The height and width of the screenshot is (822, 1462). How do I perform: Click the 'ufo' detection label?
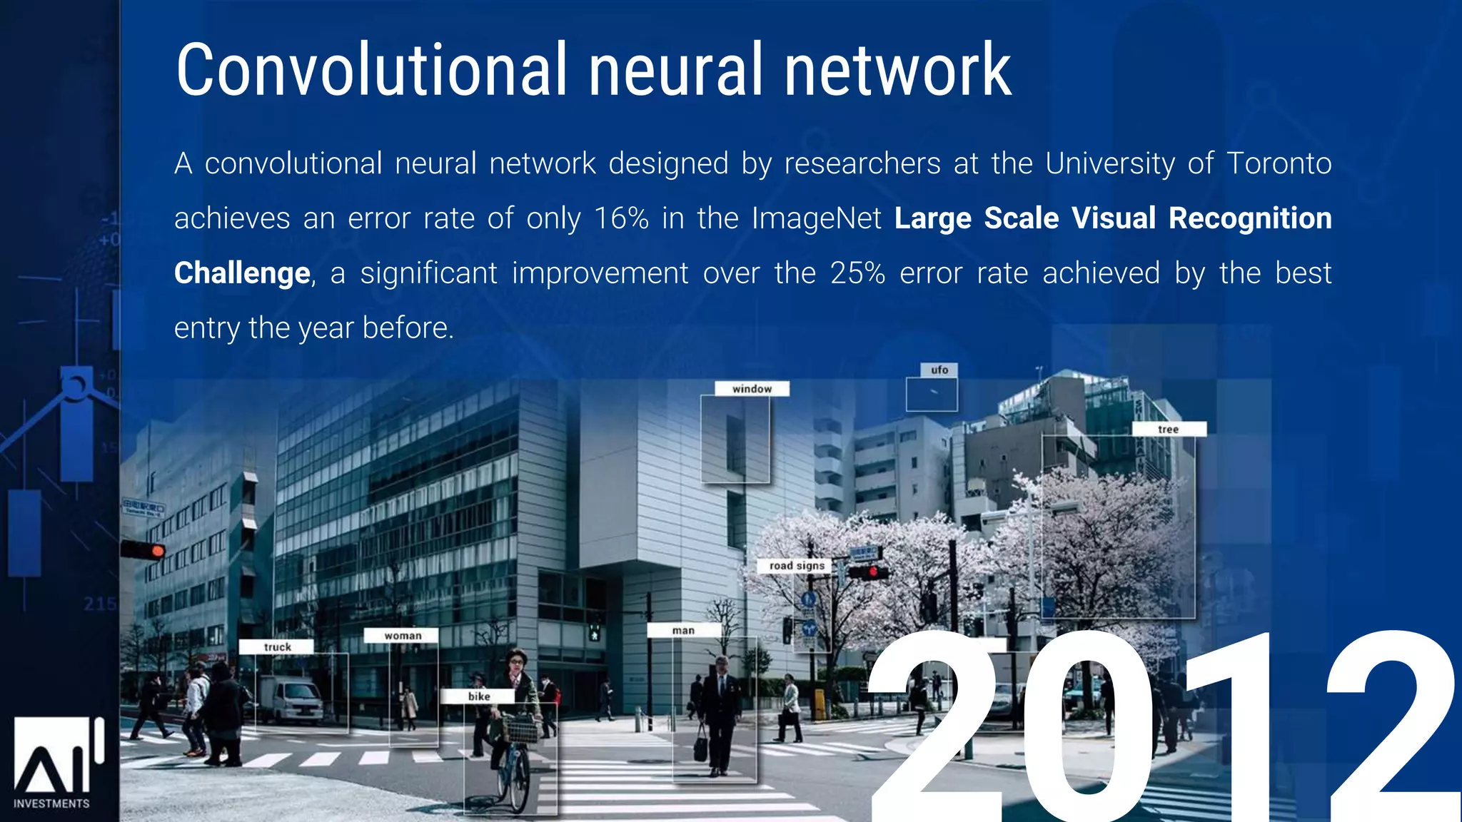tap(939, 370)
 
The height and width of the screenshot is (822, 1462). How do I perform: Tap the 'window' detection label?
tap(752, 389)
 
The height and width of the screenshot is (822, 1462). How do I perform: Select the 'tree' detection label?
tap(1169, 430)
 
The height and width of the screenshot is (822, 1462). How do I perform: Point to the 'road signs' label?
tap(797, 566)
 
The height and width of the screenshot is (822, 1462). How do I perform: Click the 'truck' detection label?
tap(277, 647)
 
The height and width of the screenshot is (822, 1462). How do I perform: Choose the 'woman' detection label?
tap(403, 636)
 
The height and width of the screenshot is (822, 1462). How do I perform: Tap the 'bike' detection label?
tap(479, 696)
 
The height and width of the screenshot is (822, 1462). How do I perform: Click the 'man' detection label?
tap(683, 631)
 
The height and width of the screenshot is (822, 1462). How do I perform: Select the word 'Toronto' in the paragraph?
tap(1279, 163)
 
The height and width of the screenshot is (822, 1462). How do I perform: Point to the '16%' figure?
tap(621, 218)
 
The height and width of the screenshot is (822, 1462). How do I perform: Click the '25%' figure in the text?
tap(857, 273)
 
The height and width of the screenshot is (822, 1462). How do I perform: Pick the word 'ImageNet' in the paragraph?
tap(817, 218)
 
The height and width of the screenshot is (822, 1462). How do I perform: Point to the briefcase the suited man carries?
tap(700, 748)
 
